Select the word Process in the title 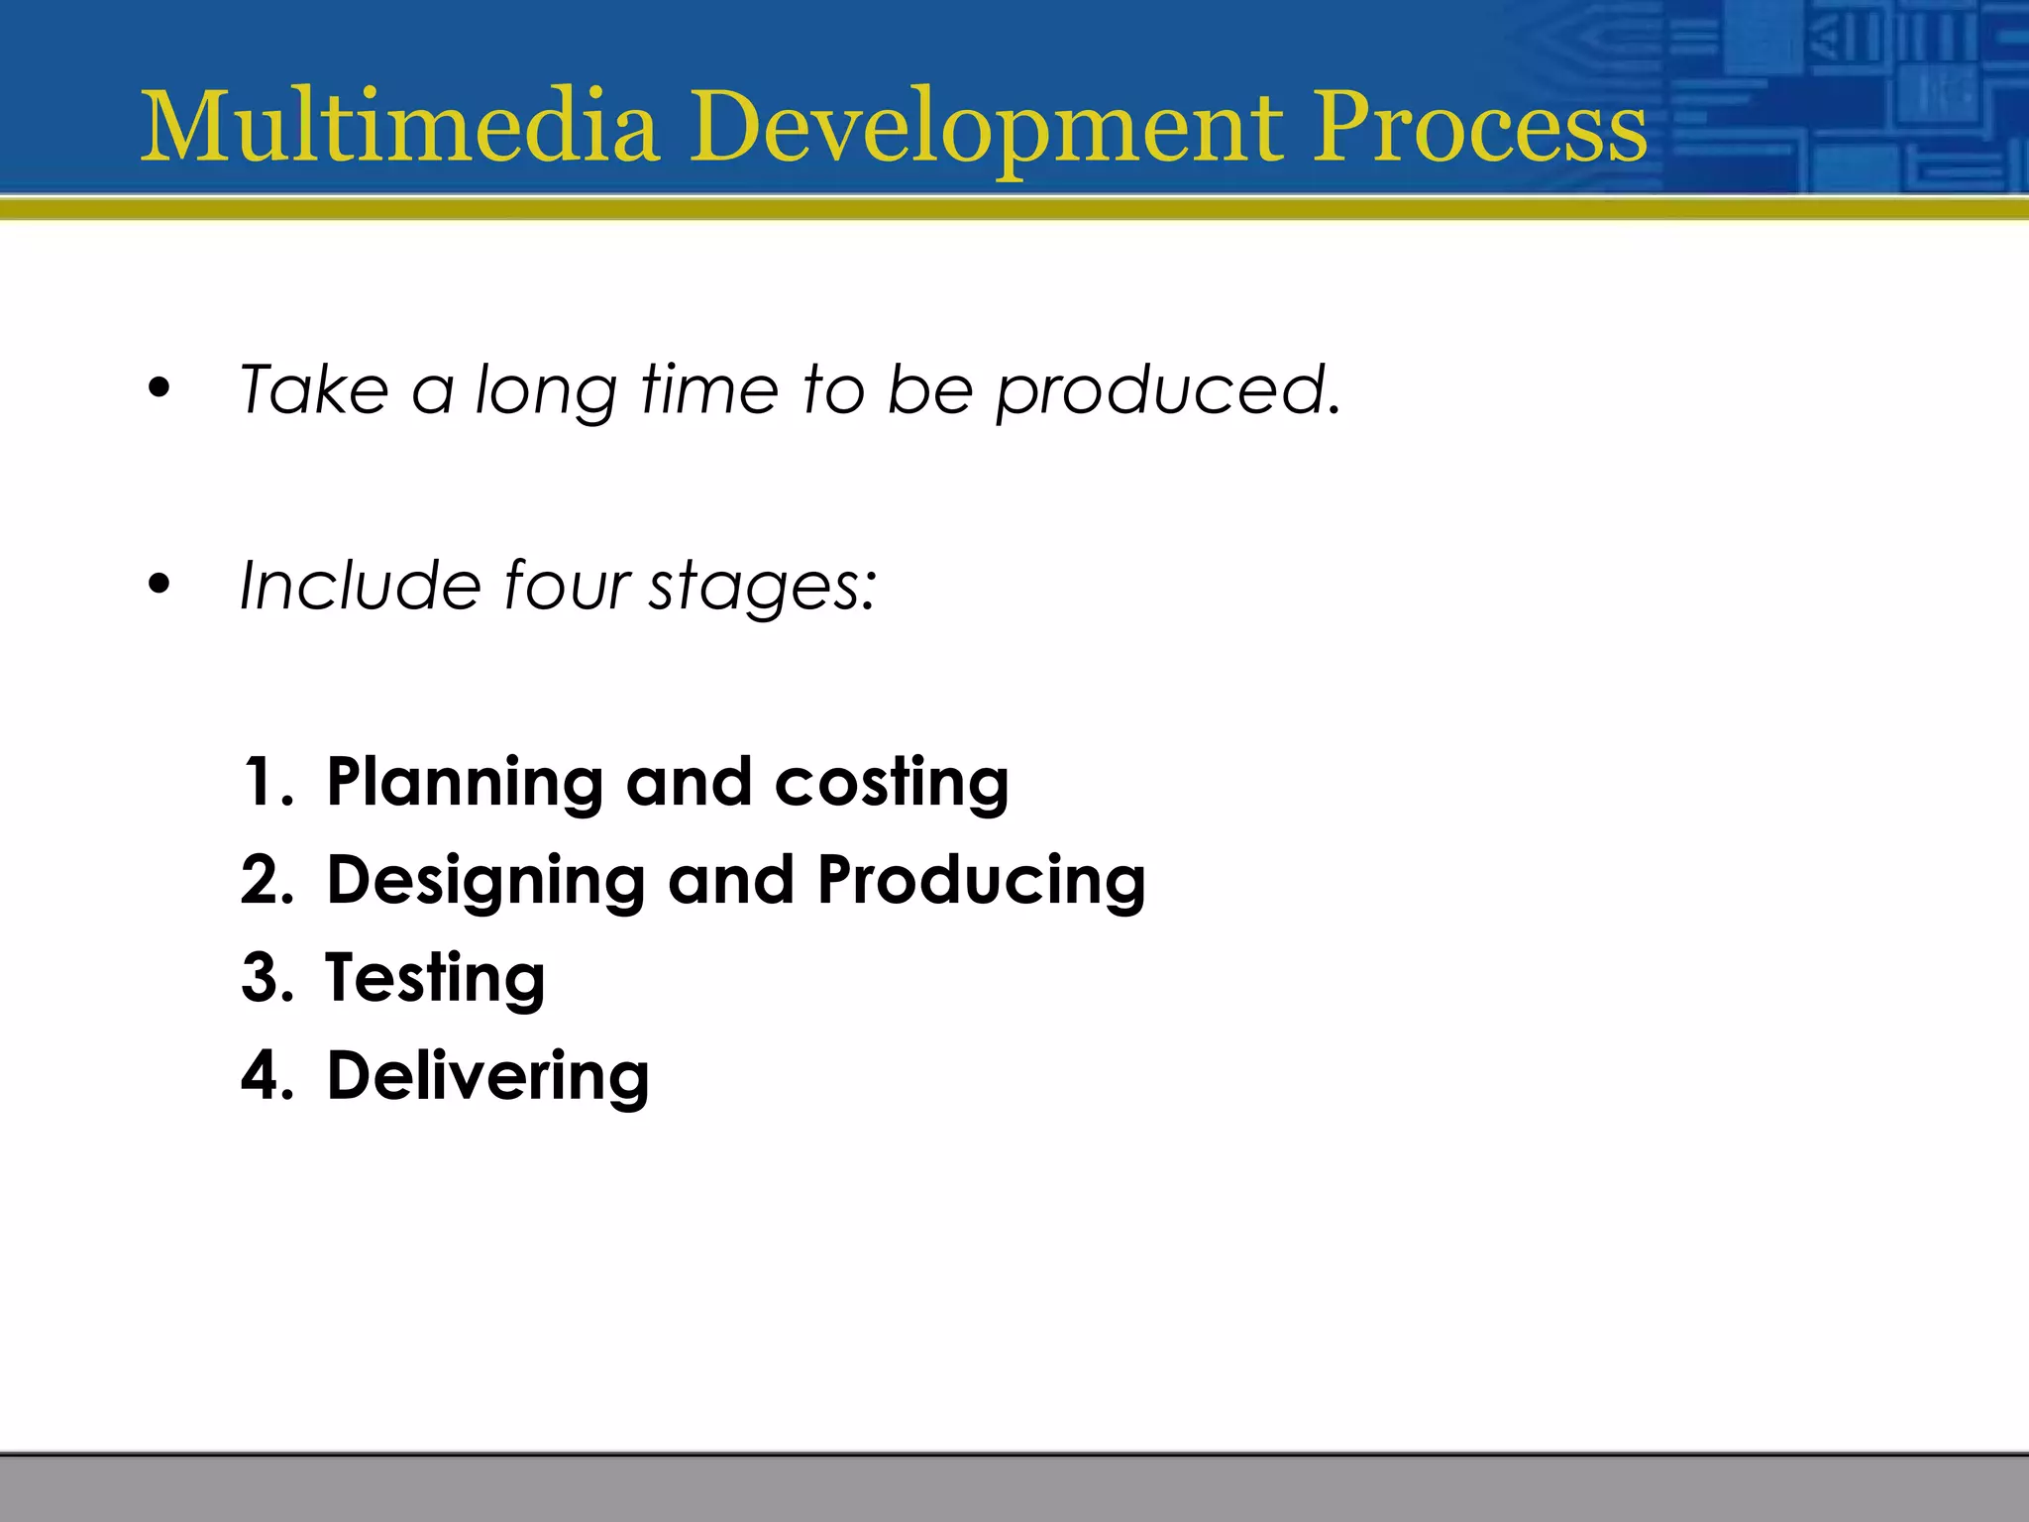(1480, 129)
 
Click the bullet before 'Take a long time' (159, 389)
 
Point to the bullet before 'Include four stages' (159, 585)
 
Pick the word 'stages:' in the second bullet (763, 588)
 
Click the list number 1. (266, 782)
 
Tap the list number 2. (266, 880)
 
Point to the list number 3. (266, 977)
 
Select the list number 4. (266, 1075)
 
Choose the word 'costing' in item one (891, 784)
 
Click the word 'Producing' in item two (981, 880)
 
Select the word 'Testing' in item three (435, 979)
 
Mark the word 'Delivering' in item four (487, 1076)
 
